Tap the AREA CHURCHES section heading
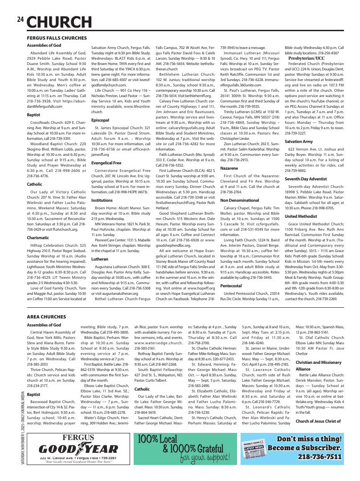pyautogui.click(x=46, y=317)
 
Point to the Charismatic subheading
pyautogui.click(x=37, y=238)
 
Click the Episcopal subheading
pyautogui.click(x=100, y=120)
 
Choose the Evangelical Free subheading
pyautogui.click(x=106, y=163)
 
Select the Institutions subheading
pyautogui.click(x=102, y=200)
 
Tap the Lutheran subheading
pyautogui.click(x=100, y=258)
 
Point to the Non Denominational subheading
pyautogui.click(x=240, y=200)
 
